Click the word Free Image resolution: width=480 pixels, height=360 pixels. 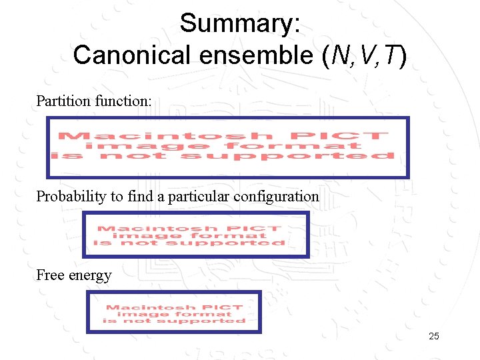coord(50,275)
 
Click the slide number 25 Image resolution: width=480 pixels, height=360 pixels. coord(434,337)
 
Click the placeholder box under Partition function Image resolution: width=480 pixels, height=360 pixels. coord(227,147)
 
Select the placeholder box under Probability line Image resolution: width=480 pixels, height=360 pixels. coord(195,235)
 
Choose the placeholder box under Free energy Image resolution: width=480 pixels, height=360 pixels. coord(174,312)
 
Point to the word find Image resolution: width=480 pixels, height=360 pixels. coord(146,197)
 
